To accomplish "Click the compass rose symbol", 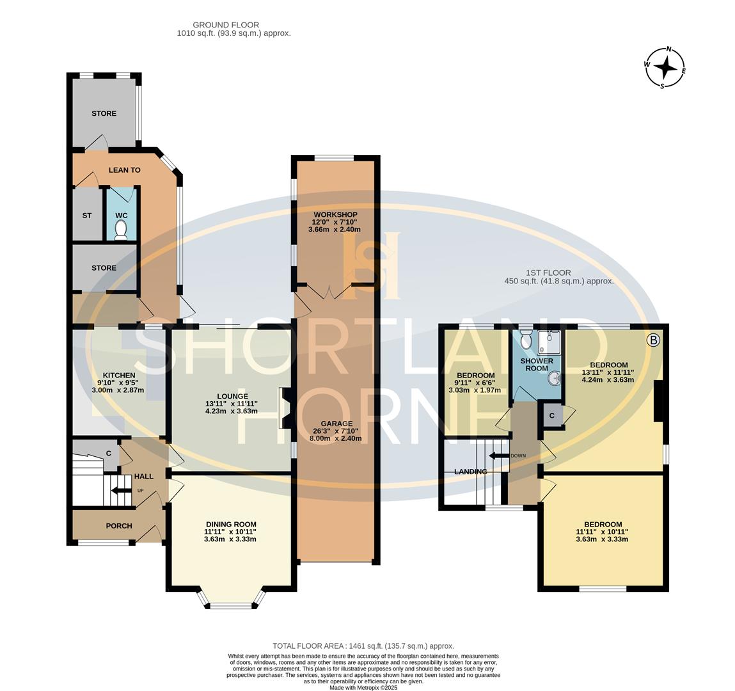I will (665, 67).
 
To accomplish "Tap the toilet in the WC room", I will (121, 232).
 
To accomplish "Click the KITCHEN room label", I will (119, 375).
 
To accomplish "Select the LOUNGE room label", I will (231, 396).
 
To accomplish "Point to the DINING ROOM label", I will (230, 523).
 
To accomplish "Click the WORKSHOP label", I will (335, 214).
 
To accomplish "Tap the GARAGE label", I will (336, 424).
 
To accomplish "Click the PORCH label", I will (118, 526).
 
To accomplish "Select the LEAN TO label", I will (124, 170).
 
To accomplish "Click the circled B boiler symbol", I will (653, 340).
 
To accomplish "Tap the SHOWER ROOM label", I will (536, 365).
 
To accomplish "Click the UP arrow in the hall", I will (120, 491).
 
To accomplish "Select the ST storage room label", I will (86, 216).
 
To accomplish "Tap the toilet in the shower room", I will (526, 340).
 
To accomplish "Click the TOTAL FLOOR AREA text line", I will (363, 646).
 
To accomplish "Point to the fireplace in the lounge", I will (285, 408).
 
